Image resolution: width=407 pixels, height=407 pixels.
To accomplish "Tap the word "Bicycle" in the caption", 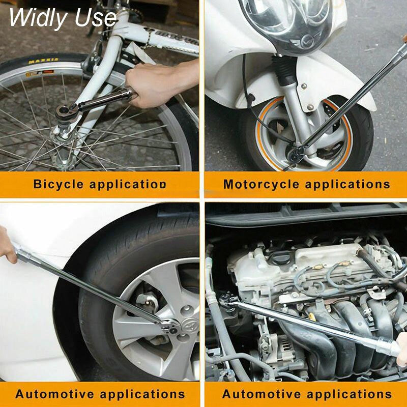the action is [x=59, y=184].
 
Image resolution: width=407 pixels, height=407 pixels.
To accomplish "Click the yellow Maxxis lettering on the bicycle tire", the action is [x=43, y=61].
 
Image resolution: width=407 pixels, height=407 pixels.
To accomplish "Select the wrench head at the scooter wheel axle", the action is [x=296, y=154].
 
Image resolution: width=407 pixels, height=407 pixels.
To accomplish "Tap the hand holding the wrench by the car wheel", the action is [x=7, y=244].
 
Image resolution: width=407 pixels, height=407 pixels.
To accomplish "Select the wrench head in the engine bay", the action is [x=229, y=299].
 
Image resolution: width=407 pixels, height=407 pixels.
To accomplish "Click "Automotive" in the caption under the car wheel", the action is [x=54, y=394].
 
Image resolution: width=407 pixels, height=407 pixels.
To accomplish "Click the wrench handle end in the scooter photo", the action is [x=402, y=49].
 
